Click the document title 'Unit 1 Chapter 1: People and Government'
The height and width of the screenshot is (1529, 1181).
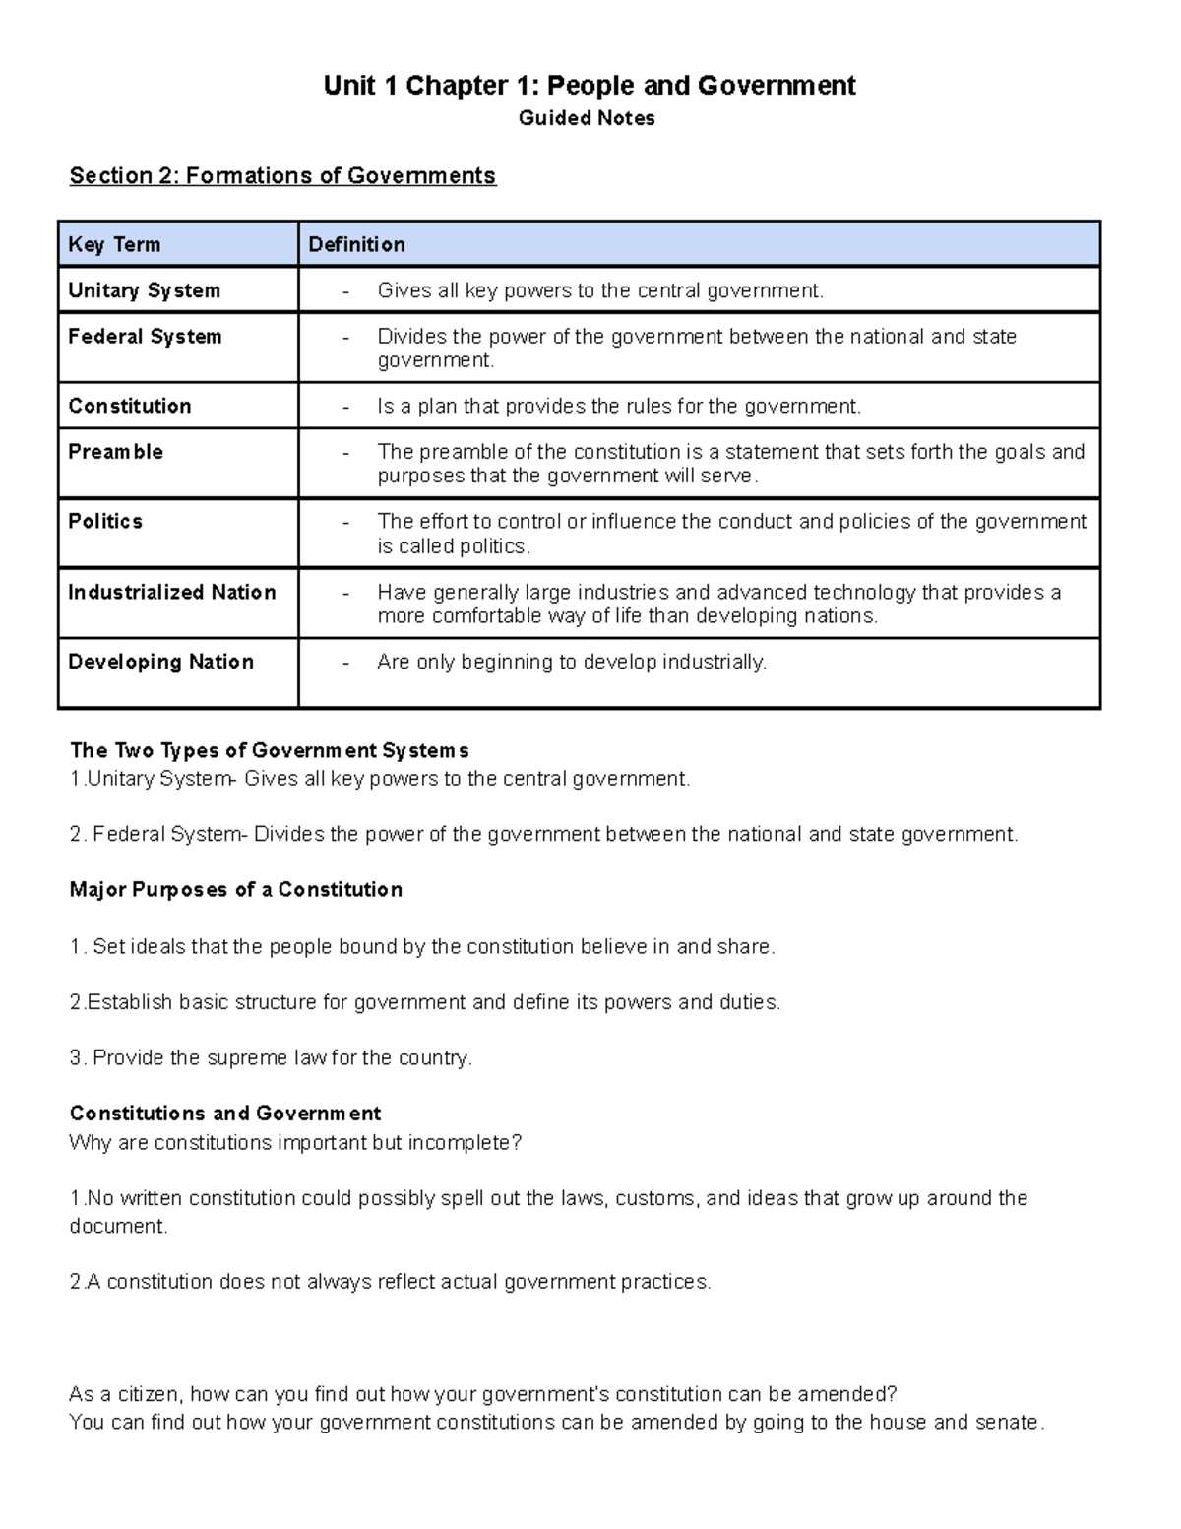click(590, 86)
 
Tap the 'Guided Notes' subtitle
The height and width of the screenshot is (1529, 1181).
click(587, 118)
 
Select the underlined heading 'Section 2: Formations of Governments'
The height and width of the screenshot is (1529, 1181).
click(282, 175)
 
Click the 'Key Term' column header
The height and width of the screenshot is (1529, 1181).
click(114, 244)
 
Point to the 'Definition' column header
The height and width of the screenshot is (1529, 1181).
click(356, 244)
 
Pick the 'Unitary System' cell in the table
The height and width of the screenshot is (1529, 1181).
click(144, 290)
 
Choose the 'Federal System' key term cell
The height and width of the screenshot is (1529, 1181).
click(145, 337)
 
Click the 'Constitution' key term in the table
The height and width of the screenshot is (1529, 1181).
click(130, 406)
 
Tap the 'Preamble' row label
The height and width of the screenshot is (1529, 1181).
click(115, 452)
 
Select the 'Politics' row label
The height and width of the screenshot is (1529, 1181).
click(105, 521)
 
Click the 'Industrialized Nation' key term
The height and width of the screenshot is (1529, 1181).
click(171, 592)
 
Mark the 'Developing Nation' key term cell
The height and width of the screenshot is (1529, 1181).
click(160, 662)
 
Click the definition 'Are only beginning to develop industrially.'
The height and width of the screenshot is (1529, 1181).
click(571, 662)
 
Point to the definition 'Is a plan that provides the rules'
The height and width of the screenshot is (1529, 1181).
click(618, 406)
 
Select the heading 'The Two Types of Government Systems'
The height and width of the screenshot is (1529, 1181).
click(269, 750)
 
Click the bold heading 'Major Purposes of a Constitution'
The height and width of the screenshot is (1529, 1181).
click(236, 890)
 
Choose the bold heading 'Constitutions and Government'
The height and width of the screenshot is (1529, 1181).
click(225, 1114)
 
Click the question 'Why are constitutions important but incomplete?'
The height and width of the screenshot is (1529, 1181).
click(295, 1143)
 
